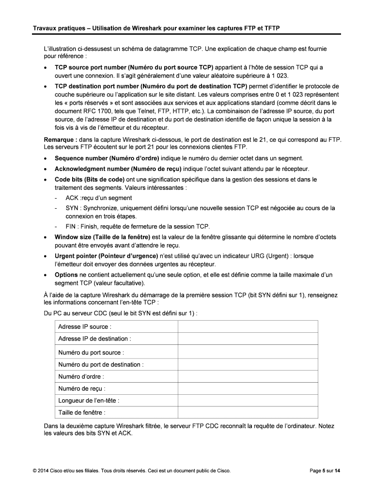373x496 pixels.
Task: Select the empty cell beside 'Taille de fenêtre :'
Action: click(248, 413)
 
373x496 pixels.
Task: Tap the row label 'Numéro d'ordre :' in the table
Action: click(81, 376)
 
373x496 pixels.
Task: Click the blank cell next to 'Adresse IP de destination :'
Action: click(248, 339)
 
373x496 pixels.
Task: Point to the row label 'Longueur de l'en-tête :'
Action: click(89, 401)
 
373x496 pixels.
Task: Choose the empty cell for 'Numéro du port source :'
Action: click(248, 353)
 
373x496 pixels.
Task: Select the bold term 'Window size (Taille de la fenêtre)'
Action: click(103, 237)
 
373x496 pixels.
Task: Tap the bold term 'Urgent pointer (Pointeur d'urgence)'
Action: click(106, 256)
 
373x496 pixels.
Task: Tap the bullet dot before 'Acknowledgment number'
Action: click(46, 169)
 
